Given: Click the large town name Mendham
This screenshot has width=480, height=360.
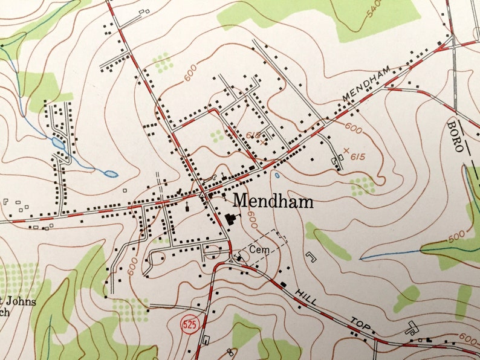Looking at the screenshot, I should click(x=273, y=201).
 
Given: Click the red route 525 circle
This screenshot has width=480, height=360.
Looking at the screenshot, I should click(x=189, y=324).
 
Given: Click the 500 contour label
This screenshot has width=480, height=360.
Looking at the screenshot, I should click(x=458, y=235).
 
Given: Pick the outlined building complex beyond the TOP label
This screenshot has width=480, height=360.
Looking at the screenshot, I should click(x=412, y=329).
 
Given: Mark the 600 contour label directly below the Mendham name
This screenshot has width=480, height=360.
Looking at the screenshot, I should click(x=251, y=222).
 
